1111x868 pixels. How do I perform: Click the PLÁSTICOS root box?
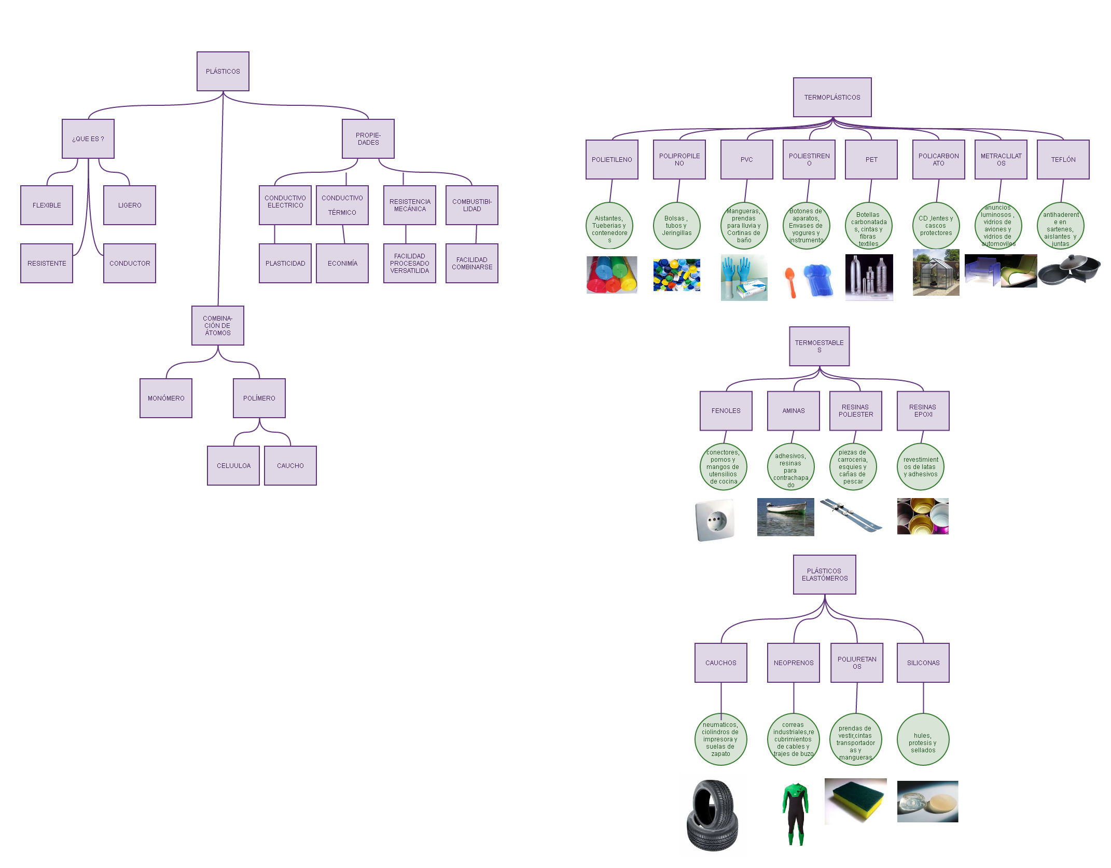pyautogui.click(x=223, y=71)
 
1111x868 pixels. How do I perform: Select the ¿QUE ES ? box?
pyautogui.click(x=88, y=139)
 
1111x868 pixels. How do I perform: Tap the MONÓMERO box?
pyautogui.click(x=165, y=398)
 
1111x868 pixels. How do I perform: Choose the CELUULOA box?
pyautogui.click(x=233, y=465)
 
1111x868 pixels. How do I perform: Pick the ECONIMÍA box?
pyautogui.click(x=342, y=263)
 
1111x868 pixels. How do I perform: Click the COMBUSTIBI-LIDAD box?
pyautogui.click(x=471, y=205)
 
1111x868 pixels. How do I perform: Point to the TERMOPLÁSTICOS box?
pyautogui.click(x=832, y=97)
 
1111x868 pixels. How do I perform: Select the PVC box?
pyautogui.click(x=746, y=159)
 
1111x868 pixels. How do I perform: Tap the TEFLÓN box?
pyautogui.click(x=1063, y=159)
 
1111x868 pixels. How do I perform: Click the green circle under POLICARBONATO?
pyautogui.click(x=936, y=226)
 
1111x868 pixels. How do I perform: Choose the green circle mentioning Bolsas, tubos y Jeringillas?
pyautogui.click(x=676, y=226)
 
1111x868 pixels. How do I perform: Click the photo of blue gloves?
pyautogui.click(x=744, y=277)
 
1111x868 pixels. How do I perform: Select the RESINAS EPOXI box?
pyautogui.click(x=923, y=410)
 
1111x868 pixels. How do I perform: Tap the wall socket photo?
pyautogui.click(x=715, y=519)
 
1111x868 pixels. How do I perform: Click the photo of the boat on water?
pyautogui.click(x=785, y=517)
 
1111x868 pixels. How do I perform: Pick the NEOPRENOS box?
pyautogui.click(x=793, y=663)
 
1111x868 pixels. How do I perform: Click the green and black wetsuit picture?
pyautogui.click(x=795, y=813)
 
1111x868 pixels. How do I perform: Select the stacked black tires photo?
pyautogui.click(x=713, y=815)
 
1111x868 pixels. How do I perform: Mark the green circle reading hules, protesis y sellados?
pyautogui.click(x=923, y=739)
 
